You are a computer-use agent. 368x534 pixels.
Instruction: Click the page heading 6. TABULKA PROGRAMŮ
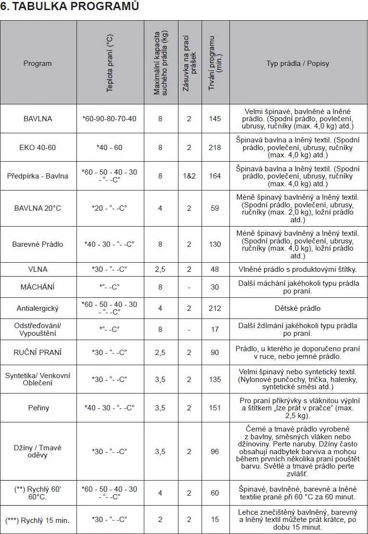(70, 7)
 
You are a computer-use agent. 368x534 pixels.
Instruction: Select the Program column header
(38, 64)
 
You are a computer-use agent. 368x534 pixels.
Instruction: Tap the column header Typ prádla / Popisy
(298, 64)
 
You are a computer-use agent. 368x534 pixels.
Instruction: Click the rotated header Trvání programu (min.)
(215, 63)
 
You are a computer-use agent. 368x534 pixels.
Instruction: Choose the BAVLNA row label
(38, 118)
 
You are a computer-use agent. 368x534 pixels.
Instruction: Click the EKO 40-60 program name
(38, 147)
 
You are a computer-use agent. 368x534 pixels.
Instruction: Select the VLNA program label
(38, 269)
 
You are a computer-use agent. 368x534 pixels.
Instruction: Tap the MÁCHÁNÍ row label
(38, 287)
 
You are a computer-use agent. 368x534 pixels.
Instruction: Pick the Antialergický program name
(38, 308)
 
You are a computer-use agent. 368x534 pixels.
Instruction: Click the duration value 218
(215, 147)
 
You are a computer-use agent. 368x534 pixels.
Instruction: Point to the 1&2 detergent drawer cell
(189, 176)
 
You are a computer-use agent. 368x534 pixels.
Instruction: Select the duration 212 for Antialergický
(215, 308)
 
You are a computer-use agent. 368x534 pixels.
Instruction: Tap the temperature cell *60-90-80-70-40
(109, 118)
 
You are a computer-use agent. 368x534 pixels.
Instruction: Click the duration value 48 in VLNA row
(215, 269)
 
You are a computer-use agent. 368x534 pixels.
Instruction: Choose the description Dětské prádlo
(298, 308)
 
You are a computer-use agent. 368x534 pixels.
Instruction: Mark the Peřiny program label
(38, 408)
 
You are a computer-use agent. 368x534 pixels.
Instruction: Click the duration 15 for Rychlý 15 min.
(215, 520)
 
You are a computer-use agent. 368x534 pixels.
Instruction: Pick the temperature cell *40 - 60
(109, 147)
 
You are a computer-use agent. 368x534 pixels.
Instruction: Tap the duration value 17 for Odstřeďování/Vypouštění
(215, 330)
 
